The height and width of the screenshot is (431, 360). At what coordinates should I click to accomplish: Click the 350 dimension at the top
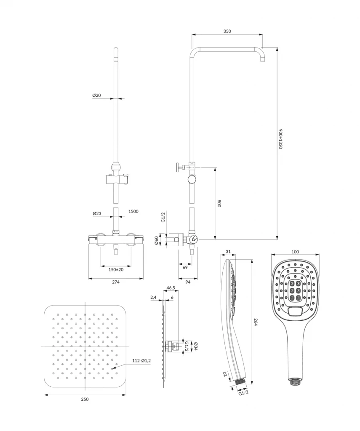(227, 31)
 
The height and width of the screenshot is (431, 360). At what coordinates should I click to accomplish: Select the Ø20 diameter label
(96, 96)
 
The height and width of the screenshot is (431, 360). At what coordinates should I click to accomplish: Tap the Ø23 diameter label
(97, 213)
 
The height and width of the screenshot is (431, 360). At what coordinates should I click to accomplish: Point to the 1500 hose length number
(133, 211)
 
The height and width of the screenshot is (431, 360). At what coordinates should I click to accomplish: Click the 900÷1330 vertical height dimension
(280, 139)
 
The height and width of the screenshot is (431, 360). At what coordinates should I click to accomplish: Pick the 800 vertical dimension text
(219, 203)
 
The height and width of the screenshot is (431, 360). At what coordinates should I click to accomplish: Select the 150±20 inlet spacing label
(116, 270)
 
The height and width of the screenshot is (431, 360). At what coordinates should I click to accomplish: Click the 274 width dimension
(116, 282)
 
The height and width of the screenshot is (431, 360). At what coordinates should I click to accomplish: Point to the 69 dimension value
(185, 267)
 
